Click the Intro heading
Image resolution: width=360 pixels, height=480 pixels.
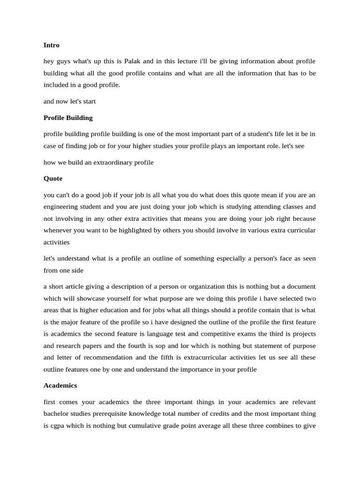pyautogui.click(x=52, y=45)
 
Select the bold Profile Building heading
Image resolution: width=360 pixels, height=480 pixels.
pyautogui.click(x=68, y=118)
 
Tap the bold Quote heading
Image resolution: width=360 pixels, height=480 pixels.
pyautogui.click(x=53, y=179)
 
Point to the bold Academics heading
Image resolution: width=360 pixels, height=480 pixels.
pyautogui.click(x=60, y=385)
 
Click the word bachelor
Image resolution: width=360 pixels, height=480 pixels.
pyautogui.click(x=58, y=414)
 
